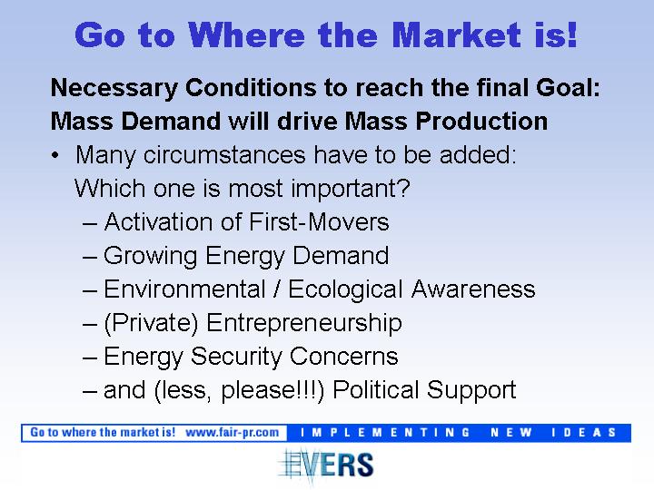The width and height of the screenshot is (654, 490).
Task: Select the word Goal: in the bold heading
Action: click(568, 87)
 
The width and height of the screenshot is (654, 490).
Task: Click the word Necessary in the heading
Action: click(114, 88)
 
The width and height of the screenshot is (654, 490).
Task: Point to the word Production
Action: click(481, 122)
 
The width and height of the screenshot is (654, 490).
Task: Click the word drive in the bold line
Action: click(307, 122)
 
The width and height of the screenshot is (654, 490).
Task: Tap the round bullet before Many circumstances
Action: click(54, 155)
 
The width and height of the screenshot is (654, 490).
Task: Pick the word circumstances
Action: click(224, 154)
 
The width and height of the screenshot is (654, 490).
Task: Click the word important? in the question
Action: click(351, 189)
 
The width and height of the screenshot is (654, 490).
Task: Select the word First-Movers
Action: click(319, 221)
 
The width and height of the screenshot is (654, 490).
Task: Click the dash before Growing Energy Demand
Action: click(90, 257)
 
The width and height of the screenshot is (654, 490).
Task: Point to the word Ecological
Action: click(345, 289)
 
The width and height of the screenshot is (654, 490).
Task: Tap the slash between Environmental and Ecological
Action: click(276, 289)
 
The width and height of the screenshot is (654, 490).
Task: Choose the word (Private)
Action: click(151, 323)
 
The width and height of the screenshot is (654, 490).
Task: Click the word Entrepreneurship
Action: click(304, 323)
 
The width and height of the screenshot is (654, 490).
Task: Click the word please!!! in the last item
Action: click(271, 390)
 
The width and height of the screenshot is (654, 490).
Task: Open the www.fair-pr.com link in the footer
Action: click(233, 433)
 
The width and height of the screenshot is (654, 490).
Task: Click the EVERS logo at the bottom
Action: click(326, 465)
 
